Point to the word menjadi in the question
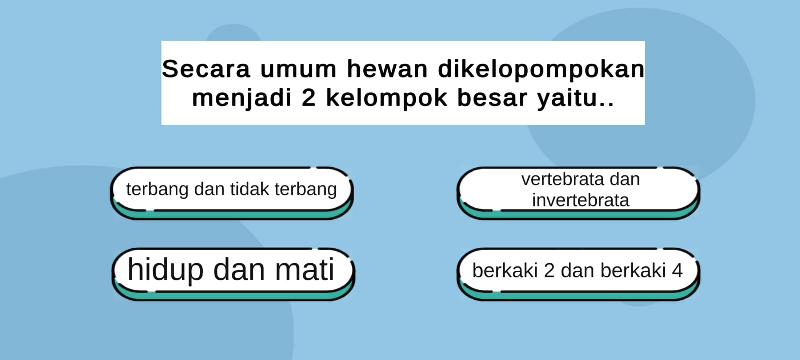point(242,99)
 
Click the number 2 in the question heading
point(309,98)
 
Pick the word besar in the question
point(492,98)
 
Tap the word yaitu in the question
point(568,99)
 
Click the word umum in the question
point(298,69)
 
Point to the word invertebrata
point(580,200)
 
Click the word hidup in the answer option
point(165,270)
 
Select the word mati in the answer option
point(304,270)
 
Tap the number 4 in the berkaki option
point(677,270)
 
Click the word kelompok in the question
point(387,99)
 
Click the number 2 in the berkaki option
point(549,270)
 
